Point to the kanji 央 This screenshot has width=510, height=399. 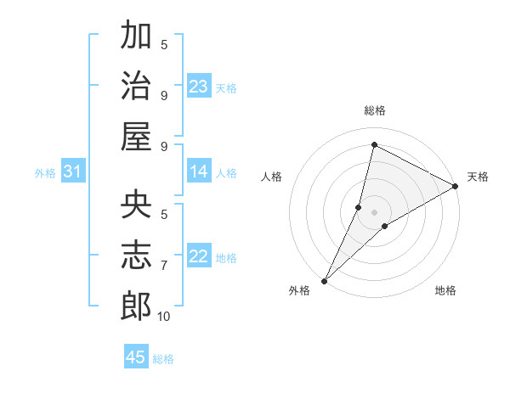click(x=136, y=205)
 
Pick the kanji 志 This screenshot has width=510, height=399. click(x=136, y=256)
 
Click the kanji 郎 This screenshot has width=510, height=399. click(x=136, y=306)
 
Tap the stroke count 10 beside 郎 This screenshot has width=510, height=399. click(x=164, y=317)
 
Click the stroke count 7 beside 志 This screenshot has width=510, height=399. click(x=164, y=266)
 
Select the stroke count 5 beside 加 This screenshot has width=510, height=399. click(x=164, y=45)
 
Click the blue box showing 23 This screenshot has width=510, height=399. click(x=199, y=86)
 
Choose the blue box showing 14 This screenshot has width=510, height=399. click(x=199, y=171)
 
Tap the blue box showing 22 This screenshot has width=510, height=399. click(x=199, y=256)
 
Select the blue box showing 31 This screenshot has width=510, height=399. click(x=72, y=171)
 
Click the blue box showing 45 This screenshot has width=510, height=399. click(x=136, y=357)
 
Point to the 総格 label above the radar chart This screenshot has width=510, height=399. click(x=374, y=110)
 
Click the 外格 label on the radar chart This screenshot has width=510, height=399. click(x=299, y=291)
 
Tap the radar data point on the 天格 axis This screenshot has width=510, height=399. click(x=456, y=187)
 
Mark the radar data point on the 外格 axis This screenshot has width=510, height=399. click(x=324, y=280)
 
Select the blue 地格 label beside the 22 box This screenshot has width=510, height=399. click(x=226, y=258)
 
